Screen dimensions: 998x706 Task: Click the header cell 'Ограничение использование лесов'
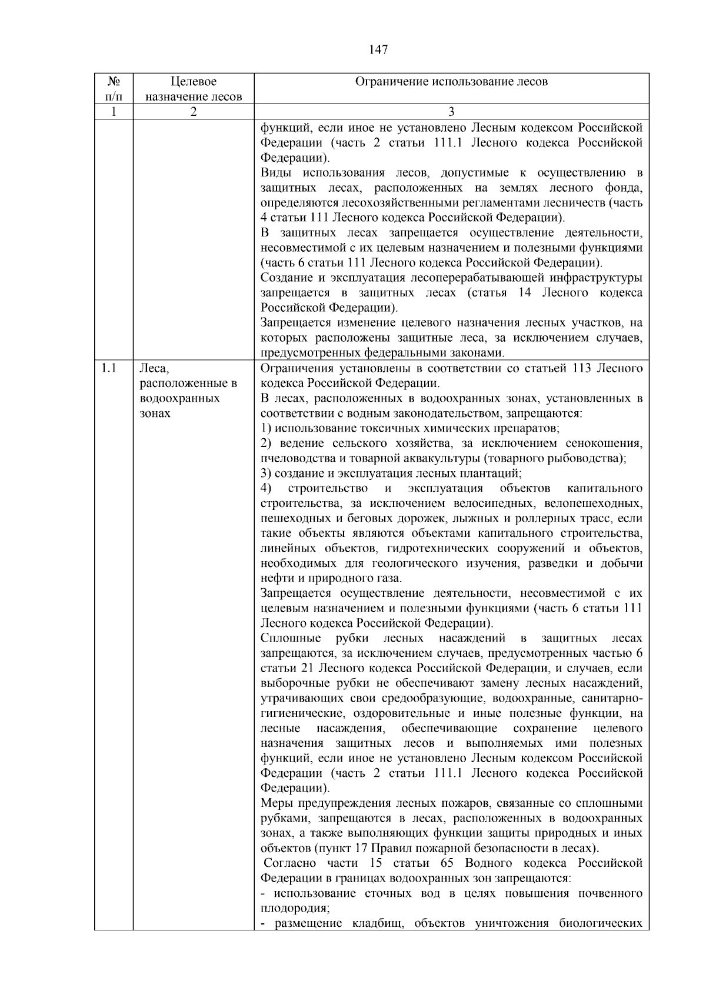[x=451, y=82]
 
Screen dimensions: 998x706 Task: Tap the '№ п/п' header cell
[x=113, y=89]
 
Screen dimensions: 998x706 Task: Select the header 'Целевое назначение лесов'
[x=193, y=89]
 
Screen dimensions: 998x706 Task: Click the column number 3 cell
[x=451, y=112]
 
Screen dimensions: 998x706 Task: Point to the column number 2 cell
[x=193, y=112]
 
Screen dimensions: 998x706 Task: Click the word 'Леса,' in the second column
[x=154, y=369]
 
